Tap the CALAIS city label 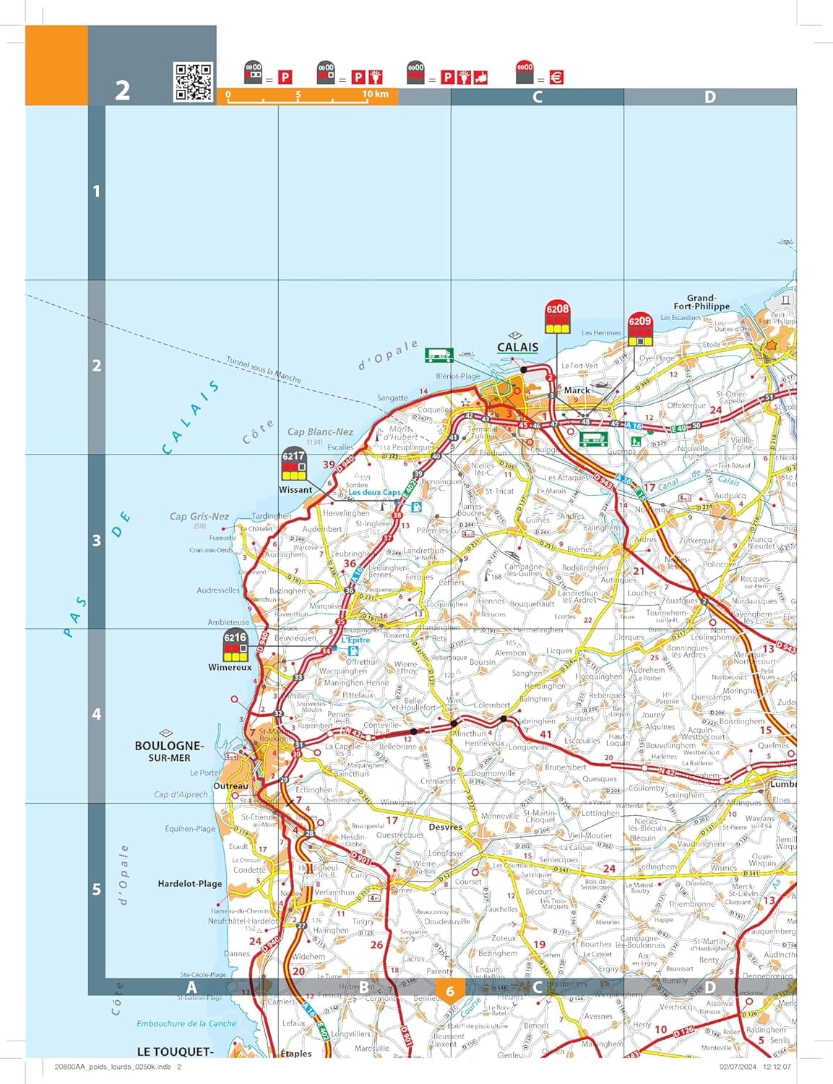point(517,347)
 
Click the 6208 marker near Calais point(557,316)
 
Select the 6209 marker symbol point(639,330)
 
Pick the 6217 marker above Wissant point(293,465)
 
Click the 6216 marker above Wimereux point(235,645)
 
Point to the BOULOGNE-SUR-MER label point(169,751)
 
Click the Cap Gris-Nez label point(199,516)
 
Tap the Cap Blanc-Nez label point(320,432)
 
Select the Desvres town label point(445,827)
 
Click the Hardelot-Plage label point(190,883)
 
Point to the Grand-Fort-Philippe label point(701,302)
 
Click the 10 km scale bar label point(375,94)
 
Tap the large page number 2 point(123,90)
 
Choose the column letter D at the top point(709,97)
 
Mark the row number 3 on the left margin point(96,541)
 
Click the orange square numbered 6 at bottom point(449,991)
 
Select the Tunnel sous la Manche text point(263,369)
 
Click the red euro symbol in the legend point(556,77)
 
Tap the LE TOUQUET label point(175,1051)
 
